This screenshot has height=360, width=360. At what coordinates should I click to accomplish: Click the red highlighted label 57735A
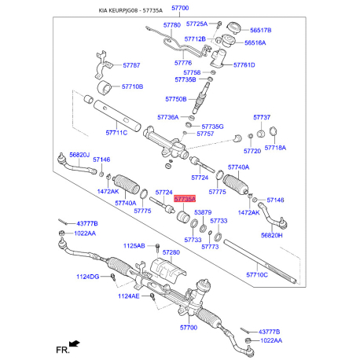185,199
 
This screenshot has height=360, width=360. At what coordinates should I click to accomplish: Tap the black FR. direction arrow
74,343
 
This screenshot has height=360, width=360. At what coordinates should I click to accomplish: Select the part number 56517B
260,30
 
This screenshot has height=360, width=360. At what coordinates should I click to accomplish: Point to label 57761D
244,64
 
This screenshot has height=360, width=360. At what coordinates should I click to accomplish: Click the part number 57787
131,65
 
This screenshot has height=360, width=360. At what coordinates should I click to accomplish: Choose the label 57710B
132,86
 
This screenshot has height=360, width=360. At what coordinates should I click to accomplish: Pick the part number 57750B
176,99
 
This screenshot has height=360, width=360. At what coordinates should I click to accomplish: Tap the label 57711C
116,133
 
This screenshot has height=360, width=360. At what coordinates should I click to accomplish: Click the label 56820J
79,155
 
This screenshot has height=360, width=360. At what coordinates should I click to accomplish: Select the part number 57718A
275,148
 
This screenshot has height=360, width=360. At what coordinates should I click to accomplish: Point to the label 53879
203,212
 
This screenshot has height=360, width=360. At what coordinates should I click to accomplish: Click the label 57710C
257,274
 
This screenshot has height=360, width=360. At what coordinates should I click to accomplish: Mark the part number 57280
171,252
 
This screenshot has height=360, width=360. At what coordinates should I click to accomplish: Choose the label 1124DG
88,277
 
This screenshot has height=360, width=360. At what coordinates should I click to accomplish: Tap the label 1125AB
134,246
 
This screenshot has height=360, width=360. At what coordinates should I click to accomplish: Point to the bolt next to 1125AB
157,248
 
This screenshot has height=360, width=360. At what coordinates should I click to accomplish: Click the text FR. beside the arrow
63,350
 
